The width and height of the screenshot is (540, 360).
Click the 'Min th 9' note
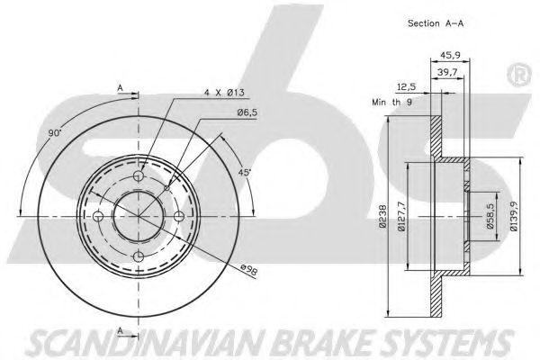click(x=392, y=103)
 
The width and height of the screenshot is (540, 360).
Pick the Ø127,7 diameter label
click(x=400, y=218)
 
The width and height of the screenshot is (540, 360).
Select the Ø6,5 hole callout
click(x=248, y=111)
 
